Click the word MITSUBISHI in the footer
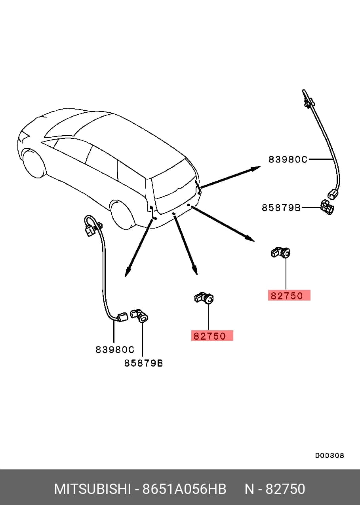pos(92,489)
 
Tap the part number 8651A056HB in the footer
pos(184,489)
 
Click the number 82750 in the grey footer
pos(285,489)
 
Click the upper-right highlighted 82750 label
pos(289,295)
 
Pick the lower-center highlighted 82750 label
pos(212,336)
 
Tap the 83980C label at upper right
pos(288,160)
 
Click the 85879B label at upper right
pos(281,207)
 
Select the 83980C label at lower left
pos(115,350)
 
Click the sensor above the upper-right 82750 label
pos(280,253)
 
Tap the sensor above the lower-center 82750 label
pos(204,298)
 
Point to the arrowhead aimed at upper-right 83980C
pos(256,168)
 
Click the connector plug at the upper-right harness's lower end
pos(332,194)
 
